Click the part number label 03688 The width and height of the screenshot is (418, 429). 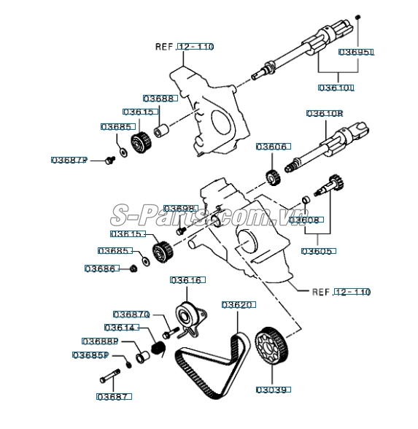(158, 98)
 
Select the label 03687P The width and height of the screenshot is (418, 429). (69, 160)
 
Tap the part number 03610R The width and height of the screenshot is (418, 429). (324, 113)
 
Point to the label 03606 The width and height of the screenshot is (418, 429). (271, 147)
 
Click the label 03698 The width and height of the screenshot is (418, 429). (179, 209)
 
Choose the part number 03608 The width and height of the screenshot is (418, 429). (305, 218)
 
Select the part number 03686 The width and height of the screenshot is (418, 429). (101, 268)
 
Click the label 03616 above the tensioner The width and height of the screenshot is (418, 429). (187, 279)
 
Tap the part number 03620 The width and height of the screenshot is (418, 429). (238, 304)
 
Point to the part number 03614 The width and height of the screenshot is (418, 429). (120, 328)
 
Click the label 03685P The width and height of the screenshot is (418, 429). (90, 355)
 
